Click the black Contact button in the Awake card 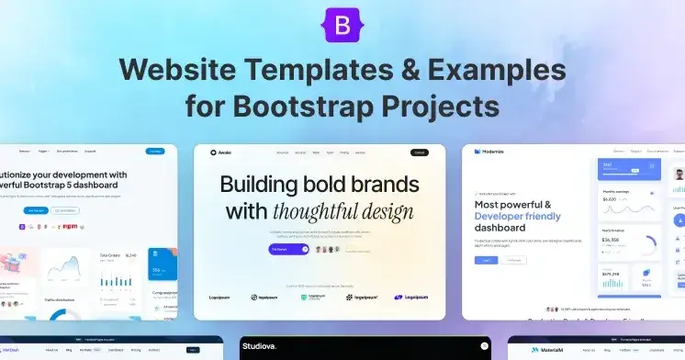click(x=420, y=152)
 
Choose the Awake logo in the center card click(x=221, y=152)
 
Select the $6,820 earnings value click(x=611, y=198)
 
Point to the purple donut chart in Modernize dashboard click(x=647, y=244)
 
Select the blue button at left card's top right click(x=155, y=151)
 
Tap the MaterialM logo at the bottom click(x=545, y=350)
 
